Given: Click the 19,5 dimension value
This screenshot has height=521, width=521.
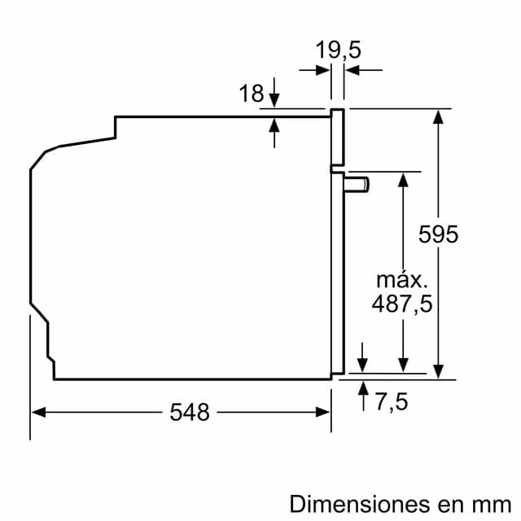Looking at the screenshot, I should point(339,50).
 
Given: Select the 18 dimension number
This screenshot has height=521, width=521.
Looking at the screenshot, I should point(251,94).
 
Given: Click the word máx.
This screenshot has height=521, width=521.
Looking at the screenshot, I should point(401,280).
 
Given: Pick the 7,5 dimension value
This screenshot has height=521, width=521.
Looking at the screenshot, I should point(391,401).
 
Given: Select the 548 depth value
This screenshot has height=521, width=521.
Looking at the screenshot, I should point(190,413).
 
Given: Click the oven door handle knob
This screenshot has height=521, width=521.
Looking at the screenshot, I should point(357,186).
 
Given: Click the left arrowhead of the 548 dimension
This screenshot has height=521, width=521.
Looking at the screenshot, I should point(37,413).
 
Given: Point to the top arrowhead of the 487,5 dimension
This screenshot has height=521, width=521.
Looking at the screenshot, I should point(402,178).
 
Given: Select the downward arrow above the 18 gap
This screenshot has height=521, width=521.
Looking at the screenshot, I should point(274,100).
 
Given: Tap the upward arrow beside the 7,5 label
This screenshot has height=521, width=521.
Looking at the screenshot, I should point(362,385).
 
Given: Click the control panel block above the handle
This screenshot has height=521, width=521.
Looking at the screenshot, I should point(337,138).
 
